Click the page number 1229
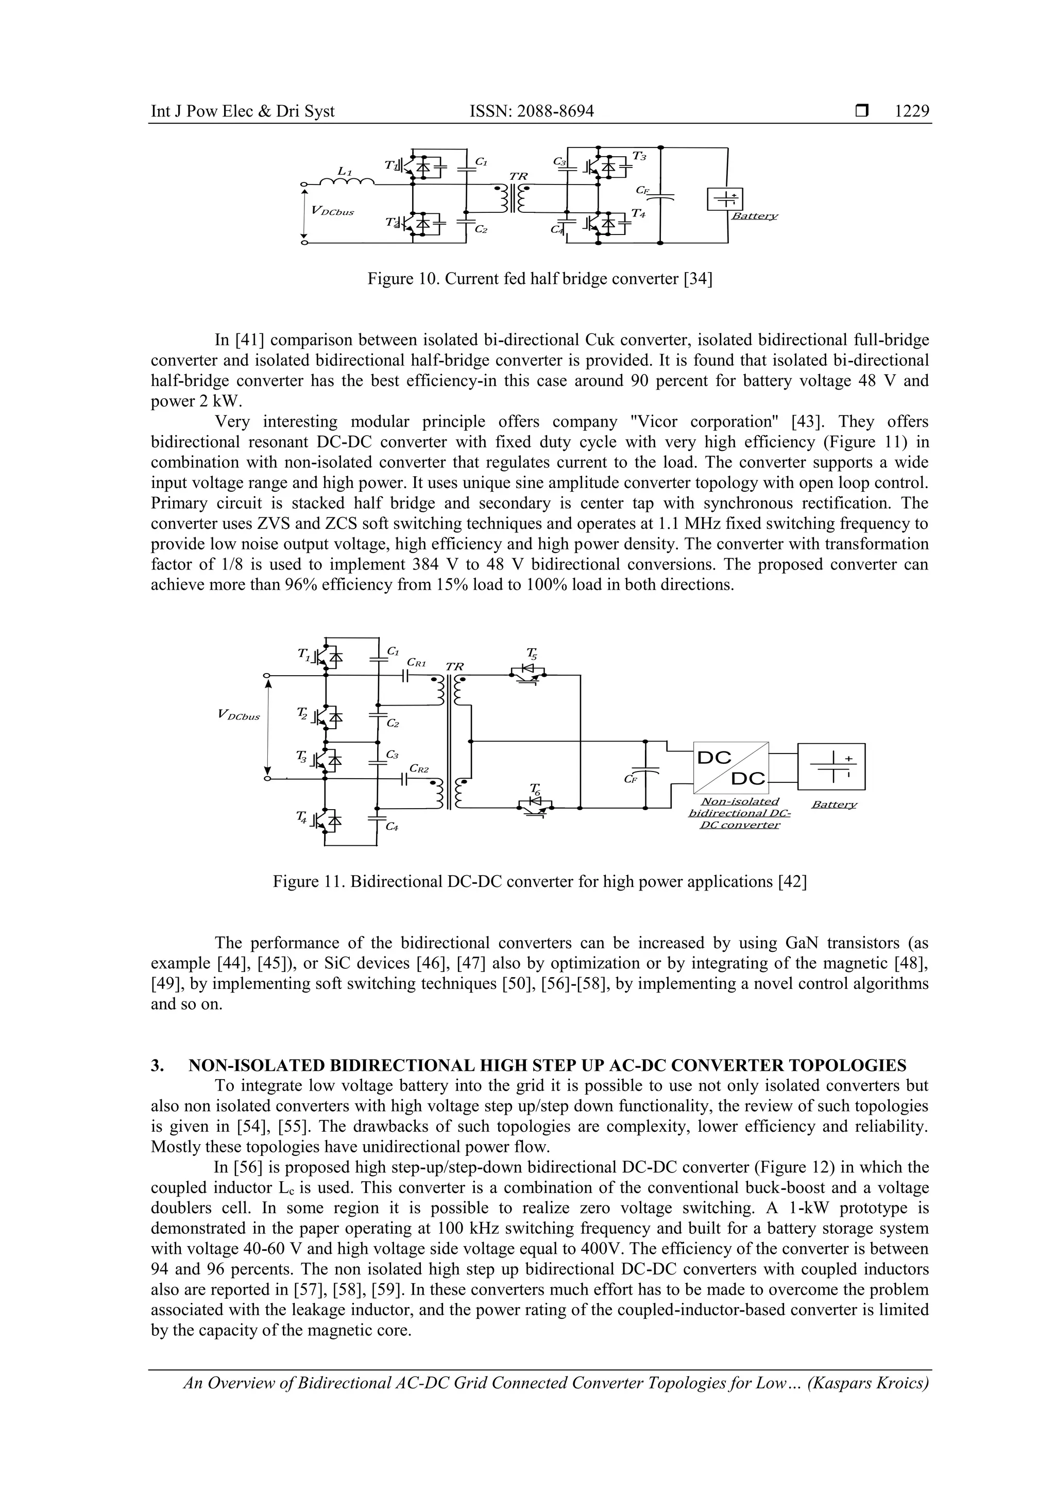coord(911,111)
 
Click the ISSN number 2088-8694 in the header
coord(531,111)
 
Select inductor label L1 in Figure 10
coord(345,171)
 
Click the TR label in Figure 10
coord(519,177)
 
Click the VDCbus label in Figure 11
coord(239,716)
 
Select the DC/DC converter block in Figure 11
coord(731,767)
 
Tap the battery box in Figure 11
coord(831,767)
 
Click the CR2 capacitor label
coord(419,768)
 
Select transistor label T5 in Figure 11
coord(531,653)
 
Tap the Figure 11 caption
coord(539,882)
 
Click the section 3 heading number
coord(156,1065)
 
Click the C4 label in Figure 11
coord(392,827)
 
